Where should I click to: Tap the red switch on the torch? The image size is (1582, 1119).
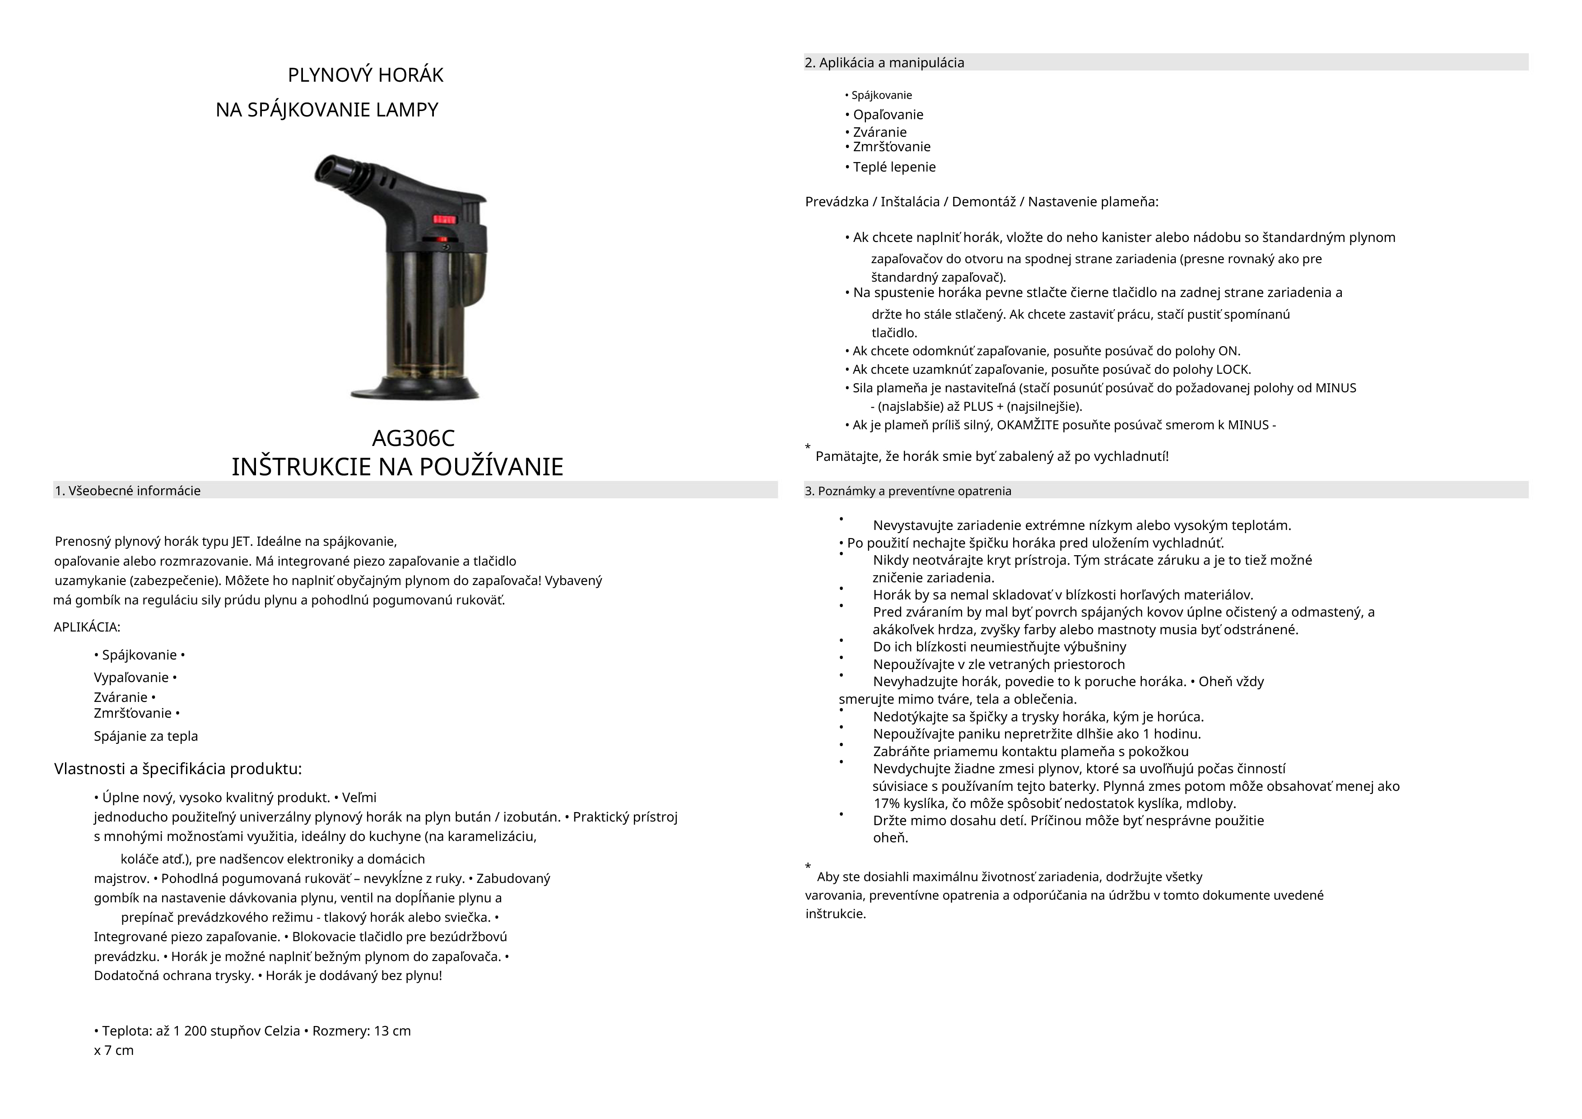tap(444, 219)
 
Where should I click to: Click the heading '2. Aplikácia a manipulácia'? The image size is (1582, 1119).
tap(885, 63)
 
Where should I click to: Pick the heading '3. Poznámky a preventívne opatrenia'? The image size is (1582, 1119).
tap(908, 491)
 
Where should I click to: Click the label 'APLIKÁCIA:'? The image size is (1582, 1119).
tap(87, 627)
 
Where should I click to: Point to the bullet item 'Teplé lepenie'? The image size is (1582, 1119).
tap(894, 167)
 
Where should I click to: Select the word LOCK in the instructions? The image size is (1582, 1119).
tap(1233, 369)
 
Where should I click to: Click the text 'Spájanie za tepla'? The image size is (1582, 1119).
tap(146, 736)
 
